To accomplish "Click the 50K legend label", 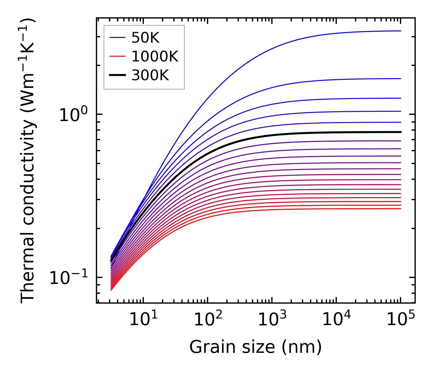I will click(146, 38).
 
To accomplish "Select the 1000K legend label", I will click(155, 56).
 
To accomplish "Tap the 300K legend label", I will click(150, 75).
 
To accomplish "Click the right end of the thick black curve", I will click(401, 132).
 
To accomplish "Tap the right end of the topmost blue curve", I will click(401, 31).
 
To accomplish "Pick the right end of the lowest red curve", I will click(401, 208).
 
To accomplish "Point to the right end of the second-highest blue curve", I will click(401, 79).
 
